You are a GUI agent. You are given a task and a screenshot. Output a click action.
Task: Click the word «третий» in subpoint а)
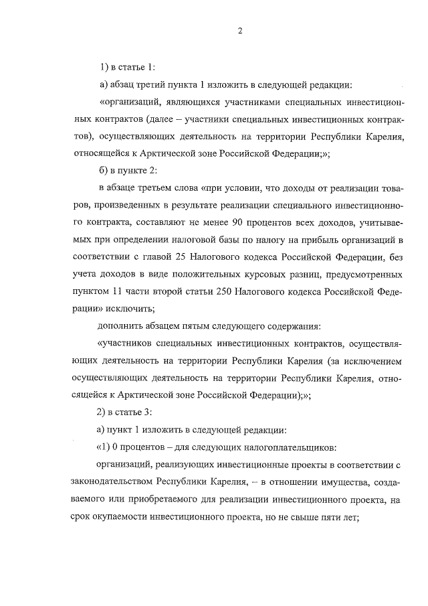(x=155, y=85)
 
